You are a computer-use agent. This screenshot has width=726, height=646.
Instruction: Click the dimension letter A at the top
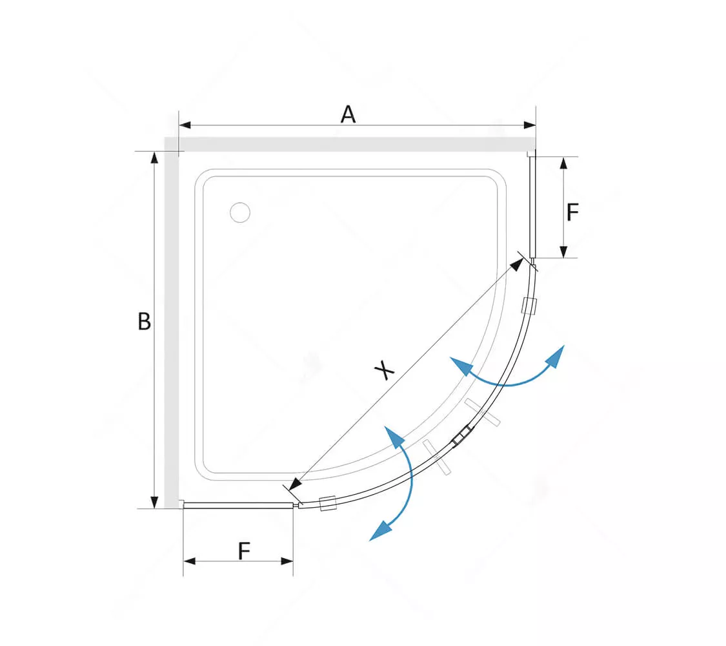click(348, 114)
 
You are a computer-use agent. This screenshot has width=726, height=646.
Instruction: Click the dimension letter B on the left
click(144, 321)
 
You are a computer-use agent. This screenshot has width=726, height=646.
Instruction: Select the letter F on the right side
click(573, 213)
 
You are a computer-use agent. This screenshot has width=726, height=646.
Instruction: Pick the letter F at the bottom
click(244, 551)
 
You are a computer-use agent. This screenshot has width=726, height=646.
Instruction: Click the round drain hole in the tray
click(240, 213)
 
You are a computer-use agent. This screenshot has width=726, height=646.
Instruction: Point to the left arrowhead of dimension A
click(185, 125)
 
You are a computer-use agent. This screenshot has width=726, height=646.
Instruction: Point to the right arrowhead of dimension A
click(530, 125)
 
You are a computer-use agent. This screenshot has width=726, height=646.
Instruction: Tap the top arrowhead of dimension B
click(155, 158)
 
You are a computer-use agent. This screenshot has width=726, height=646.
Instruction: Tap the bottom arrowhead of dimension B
click(155, 502)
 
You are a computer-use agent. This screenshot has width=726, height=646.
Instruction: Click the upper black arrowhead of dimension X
click(517, 264)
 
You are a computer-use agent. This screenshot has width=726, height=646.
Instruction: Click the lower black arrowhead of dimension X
click(294, 484)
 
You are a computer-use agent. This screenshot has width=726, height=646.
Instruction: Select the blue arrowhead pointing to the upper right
click(556, 357)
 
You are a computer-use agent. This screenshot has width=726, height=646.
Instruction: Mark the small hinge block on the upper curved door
click(529, 306)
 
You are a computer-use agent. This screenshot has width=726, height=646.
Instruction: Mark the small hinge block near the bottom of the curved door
click(327, 503)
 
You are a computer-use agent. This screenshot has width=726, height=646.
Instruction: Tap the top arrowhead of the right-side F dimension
click(563, 163)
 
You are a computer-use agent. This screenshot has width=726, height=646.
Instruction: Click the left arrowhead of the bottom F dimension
click(190, 561)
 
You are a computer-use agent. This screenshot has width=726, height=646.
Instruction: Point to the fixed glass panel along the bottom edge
click(238, 506)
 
